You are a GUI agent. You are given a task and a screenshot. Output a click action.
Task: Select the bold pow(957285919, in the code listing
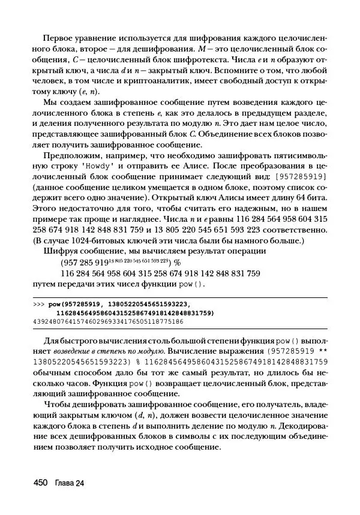tap(82, 305)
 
